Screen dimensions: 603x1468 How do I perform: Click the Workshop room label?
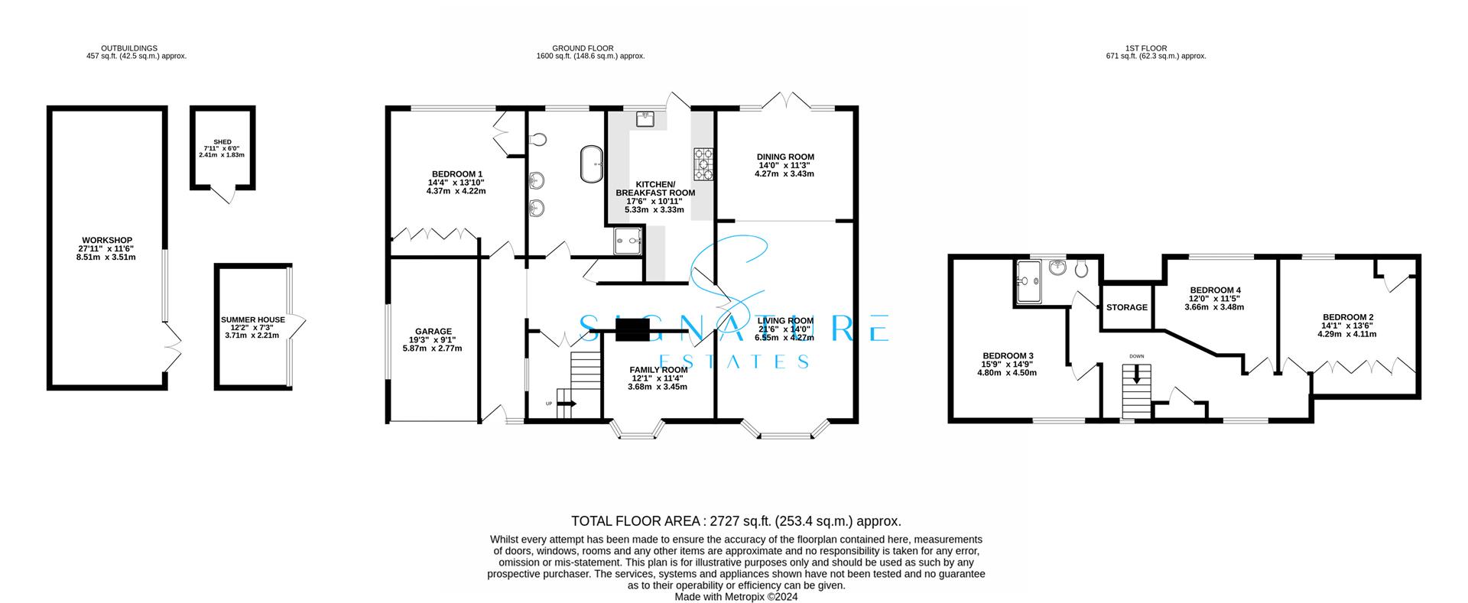[107, 241]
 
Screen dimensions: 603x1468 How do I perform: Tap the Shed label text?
[222, 142]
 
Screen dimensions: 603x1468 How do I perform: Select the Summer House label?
[252, 320]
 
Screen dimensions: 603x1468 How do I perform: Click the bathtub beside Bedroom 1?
[593, 164]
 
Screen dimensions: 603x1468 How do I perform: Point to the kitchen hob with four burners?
[703, 164]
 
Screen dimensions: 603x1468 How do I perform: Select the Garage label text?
[432, 332]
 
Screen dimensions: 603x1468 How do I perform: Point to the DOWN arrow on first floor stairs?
[1137, 374]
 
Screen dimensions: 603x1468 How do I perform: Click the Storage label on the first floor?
[1127, 307]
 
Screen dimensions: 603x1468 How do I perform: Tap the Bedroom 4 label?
[1215, 290]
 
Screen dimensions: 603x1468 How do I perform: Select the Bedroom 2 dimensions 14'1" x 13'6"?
[1349, 326]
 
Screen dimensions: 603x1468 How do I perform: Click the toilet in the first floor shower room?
[1081, 268]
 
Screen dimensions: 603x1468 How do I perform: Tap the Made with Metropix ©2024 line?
[736, 597]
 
